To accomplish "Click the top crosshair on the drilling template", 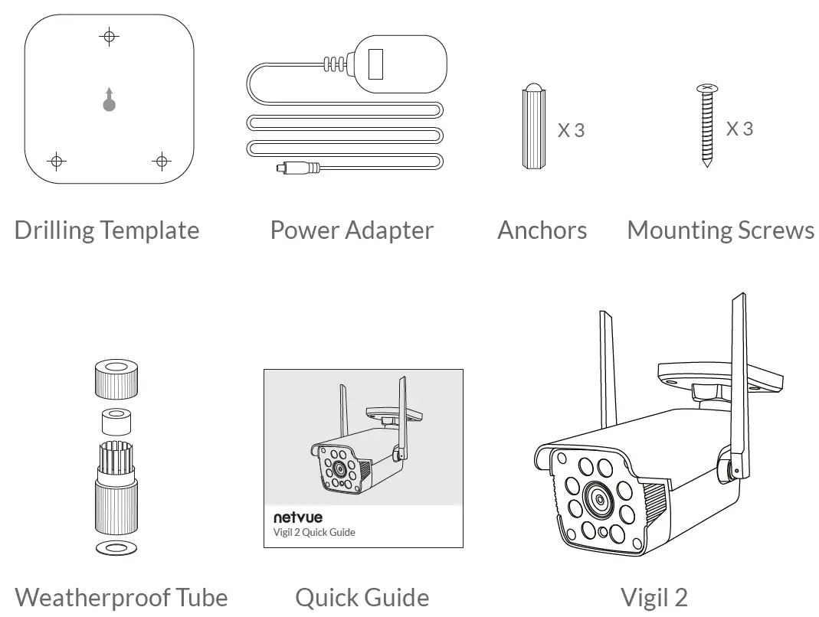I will coord(110,36).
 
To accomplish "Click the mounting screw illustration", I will coord(706,126).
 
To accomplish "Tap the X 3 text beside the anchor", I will coord(571,131).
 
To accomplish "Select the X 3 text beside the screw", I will coord(739,129).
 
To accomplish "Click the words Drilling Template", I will coord(106,230).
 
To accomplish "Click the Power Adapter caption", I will coord(352,230).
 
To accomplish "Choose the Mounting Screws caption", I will coord(720,230).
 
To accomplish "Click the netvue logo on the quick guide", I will coord(298,517).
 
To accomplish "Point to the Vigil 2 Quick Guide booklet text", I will coord(314,532).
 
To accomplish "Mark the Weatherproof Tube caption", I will coord(121,597).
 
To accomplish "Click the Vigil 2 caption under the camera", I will coord(654,597).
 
